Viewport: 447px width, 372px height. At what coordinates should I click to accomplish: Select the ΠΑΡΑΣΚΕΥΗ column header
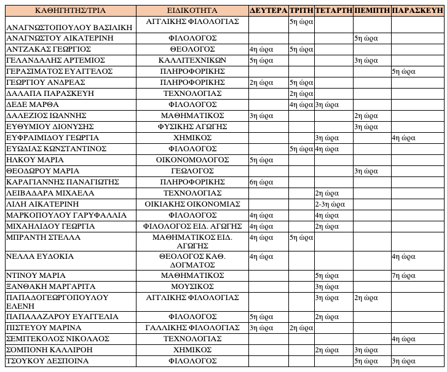click(417, 10)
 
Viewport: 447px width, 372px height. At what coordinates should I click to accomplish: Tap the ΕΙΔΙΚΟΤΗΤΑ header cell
click(192, 10)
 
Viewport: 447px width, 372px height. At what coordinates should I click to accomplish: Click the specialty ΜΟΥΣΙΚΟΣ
click(192, 287)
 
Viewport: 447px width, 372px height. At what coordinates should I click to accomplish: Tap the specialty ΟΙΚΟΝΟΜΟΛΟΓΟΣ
click(192, 159)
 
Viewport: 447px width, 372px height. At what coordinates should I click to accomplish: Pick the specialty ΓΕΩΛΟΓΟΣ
click(192, 170)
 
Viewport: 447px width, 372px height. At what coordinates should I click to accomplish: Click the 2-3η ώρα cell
click(332, 204)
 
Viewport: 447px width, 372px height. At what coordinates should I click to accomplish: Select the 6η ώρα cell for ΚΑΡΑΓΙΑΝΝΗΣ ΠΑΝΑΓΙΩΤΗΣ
click(261, 182)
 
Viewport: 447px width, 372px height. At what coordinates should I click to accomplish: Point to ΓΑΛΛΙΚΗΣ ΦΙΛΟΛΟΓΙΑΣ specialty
click(192, 328)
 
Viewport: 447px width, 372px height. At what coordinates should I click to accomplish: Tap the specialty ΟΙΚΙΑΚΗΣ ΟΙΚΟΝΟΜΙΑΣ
click(192, 204)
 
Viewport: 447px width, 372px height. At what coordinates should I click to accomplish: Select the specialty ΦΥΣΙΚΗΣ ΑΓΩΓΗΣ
click(192, 126)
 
